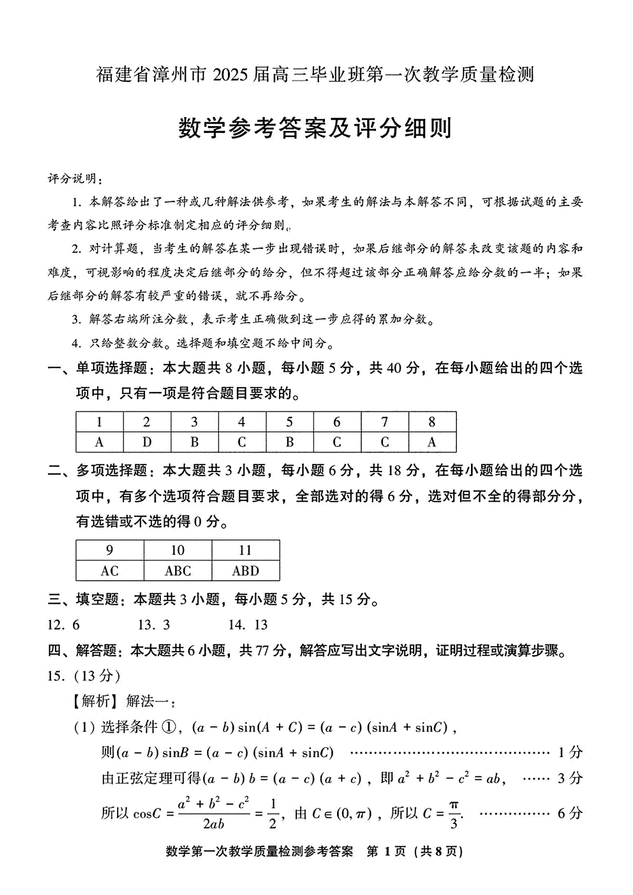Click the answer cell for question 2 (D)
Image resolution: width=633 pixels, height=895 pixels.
[147, 442]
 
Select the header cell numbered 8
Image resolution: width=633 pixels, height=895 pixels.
[432, 422]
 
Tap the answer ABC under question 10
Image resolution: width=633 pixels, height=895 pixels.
[178, 571]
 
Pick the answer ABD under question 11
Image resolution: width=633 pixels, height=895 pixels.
[245, 571]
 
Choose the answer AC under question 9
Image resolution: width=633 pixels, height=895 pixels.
[110, 571]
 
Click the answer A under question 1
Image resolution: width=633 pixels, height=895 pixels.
[99, 442]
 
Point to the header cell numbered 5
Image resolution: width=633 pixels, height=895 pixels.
[289, 422]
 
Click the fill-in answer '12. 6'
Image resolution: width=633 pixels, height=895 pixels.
[63, 625]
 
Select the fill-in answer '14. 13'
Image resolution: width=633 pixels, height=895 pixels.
[248, 625]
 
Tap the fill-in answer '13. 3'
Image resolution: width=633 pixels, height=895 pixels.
[154, 625]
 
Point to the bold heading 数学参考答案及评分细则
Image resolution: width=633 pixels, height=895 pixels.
[315, 128]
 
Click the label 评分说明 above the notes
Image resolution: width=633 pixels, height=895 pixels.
[72, 178]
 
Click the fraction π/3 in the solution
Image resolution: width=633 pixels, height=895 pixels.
[454, 814]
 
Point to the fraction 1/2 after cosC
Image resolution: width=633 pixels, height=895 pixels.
[273, 814]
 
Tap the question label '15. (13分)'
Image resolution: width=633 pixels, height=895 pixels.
[83, 676]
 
